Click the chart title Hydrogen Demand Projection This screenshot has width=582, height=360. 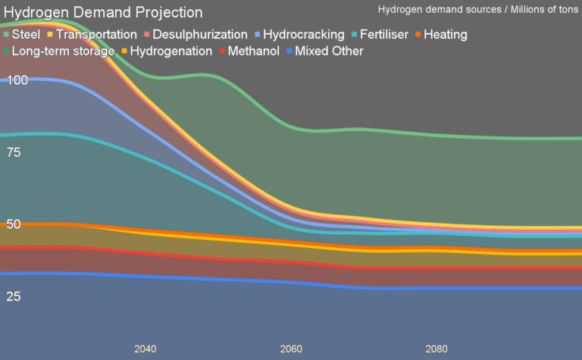click(x=104, y=13)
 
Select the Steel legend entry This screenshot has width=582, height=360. click(x=27, y=35)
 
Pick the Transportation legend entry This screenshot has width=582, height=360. click(x=96, y=35)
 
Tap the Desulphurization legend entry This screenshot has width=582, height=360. click(x=200, y=35)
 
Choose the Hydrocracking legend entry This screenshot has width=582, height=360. click(x=303, y=35)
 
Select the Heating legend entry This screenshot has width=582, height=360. click(x=446, y=35)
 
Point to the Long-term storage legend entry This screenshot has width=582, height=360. click(x=63, y=52)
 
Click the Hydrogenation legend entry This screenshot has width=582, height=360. click(x=171, y=52)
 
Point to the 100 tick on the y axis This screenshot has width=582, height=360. click(x=17, y=80)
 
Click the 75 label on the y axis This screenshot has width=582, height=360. click(x=14, y=152)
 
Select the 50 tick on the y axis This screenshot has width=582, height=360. click(x=14, y=224)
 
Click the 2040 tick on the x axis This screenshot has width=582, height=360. click(x=145, y=349)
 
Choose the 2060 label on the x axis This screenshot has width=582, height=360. click(x=291, y=349)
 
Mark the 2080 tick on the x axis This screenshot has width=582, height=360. click(x=436, y=349)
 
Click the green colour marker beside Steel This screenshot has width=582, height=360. click(x=7, y=35)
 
